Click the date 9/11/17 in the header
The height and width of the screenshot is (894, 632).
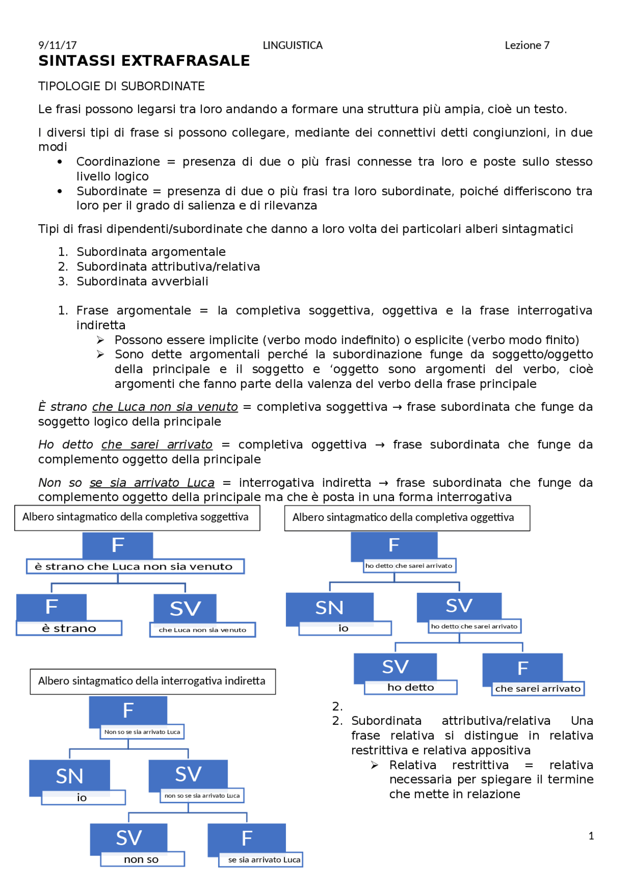tap(57, 45)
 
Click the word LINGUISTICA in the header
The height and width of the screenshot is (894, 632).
tap(292, 45)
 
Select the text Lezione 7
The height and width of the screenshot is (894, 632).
tap(527, 45)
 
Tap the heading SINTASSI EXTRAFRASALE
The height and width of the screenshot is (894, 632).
tap(144, 61)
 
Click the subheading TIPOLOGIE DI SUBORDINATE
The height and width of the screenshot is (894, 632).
tap(121, 86)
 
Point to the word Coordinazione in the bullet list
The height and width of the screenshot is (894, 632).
tap(118, 162)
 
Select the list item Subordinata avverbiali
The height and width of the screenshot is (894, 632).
tap(142, 281)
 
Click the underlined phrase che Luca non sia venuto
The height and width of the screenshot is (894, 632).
tap(165, 407)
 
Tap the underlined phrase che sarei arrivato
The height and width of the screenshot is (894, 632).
tap(157, 445)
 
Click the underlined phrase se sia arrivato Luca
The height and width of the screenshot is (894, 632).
tap(152, 483)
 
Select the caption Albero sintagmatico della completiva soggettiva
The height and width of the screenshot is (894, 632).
tap(135, 517)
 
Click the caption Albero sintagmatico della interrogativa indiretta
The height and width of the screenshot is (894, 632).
tap(152, 681)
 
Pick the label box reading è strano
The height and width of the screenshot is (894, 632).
tap(69, 628)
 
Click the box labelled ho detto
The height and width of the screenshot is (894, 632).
tap(410, 687)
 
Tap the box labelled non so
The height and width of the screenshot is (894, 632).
tap(142, 859)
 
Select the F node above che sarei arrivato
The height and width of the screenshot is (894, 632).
tap(522, 668)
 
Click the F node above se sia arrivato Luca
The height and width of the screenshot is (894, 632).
tap(247, 838)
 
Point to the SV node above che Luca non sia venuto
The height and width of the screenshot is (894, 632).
tap(185, 609)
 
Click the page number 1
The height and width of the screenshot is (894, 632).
tap(591, 836)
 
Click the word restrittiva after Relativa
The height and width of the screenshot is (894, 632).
tap(480, 765)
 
